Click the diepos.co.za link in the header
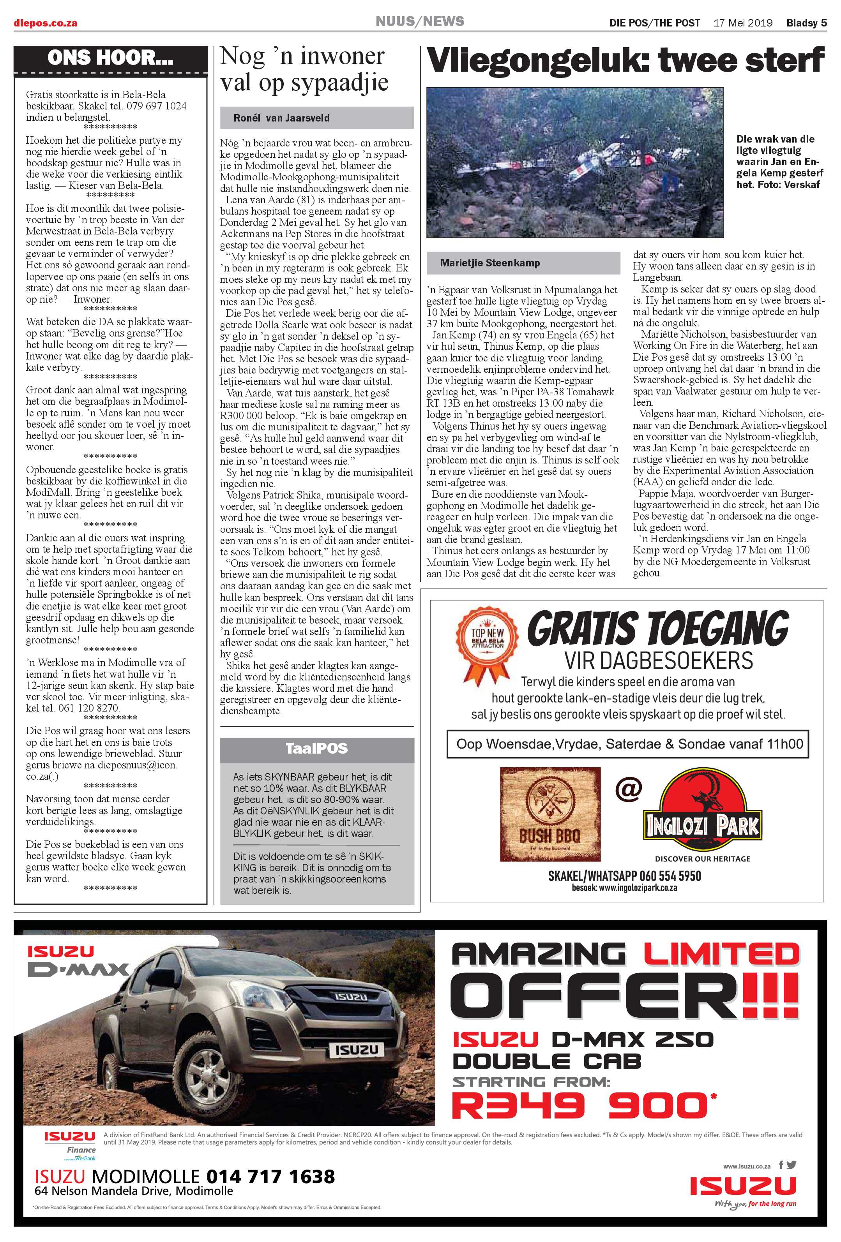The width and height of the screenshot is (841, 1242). coord(46,23)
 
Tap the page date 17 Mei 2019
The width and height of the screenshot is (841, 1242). coord(743,23)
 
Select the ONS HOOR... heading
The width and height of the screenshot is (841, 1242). coord(110,58)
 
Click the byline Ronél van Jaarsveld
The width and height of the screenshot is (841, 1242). coord(281,118)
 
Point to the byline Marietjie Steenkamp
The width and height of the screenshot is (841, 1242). coord(490,263)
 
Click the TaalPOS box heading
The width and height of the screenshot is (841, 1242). coord(316,748)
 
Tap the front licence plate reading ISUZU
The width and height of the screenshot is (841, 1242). coord(356,1050)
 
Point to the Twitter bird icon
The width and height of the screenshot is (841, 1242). coord(792,1165)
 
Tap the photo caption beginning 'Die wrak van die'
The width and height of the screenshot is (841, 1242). coord(779,161)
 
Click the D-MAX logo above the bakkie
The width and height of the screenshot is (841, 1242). coord(78,969)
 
